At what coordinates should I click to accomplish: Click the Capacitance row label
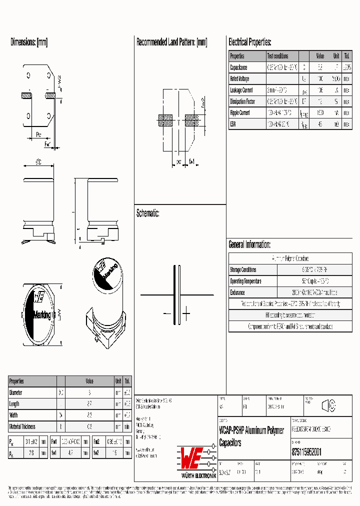coord(239,67)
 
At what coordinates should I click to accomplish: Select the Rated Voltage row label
coord(239,79)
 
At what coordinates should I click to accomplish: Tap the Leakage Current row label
coord(241,90)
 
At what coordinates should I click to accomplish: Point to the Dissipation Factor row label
coord(242,101)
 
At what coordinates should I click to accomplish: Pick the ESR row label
coord(233,124)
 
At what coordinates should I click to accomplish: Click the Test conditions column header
coord(277,56)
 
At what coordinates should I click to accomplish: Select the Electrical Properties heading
coord(249,42)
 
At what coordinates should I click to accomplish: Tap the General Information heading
coord(249,245)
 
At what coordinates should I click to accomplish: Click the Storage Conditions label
coord(243,270)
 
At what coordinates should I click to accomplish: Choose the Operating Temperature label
coord(245,281)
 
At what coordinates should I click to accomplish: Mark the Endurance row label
coord(237,292)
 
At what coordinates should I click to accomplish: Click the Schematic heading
coord(147,213)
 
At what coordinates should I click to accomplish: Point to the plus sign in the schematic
coord(186,315)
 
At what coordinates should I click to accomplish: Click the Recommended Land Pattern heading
coord(171,42)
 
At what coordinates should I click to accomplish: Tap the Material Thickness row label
coord(23,426)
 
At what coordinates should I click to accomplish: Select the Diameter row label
coord(16,393)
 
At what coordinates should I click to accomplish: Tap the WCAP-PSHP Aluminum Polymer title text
coord(251,430)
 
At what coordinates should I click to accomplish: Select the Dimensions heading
coord(29,42)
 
